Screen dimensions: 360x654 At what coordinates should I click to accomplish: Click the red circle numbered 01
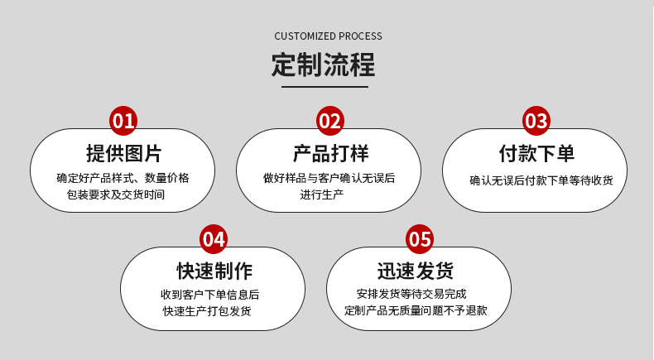[x=123, y=122]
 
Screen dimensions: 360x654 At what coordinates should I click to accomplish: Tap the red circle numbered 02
[x=329, y=122]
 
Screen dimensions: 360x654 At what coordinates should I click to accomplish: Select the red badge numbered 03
[x=536, y=122]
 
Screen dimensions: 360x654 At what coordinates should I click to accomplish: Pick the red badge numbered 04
[x=214, y=240]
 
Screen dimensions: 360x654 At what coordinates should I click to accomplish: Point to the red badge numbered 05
[x=420, y=240]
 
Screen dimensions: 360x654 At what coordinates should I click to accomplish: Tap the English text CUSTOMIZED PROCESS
[x=328, y=36]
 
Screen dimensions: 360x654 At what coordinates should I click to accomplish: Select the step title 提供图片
[x=123, y=153]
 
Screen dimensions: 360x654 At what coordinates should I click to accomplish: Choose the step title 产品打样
[x=329, y=153]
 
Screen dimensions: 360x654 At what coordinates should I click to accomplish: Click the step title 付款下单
[x=536, y=153]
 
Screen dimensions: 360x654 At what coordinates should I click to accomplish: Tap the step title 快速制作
[x=214, y=271]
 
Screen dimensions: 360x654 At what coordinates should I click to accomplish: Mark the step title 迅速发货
[x=420, y=271]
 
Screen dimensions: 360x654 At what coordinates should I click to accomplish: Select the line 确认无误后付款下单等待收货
[x=541, y=180]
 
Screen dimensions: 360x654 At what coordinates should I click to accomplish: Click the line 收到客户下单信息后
[x=209, y=295]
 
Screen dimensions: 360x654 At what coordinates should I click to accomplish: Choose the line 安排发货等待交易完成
[x=411, y=295]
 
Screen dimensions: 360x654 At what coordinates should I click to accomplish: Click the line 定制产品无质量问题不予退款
[x=416, y=311]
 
